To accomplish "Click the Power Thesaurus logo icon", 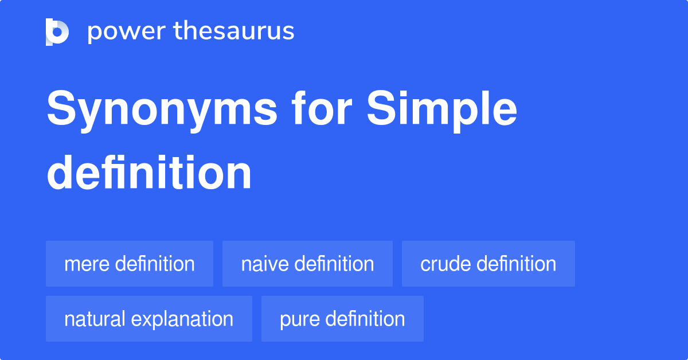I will tap(57, 32).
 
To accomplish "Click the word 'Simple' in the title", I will tap(442, 110).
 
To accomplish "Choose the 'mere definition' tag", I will tap(130, 264).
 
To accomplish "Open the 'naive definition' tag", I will tap(307, 264).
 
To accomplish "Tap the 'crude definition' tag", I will tap(488, 264).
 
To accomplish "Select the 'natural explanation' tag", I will tap(148, 319).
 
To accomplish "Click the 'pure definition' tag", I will tap(342, 319).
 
